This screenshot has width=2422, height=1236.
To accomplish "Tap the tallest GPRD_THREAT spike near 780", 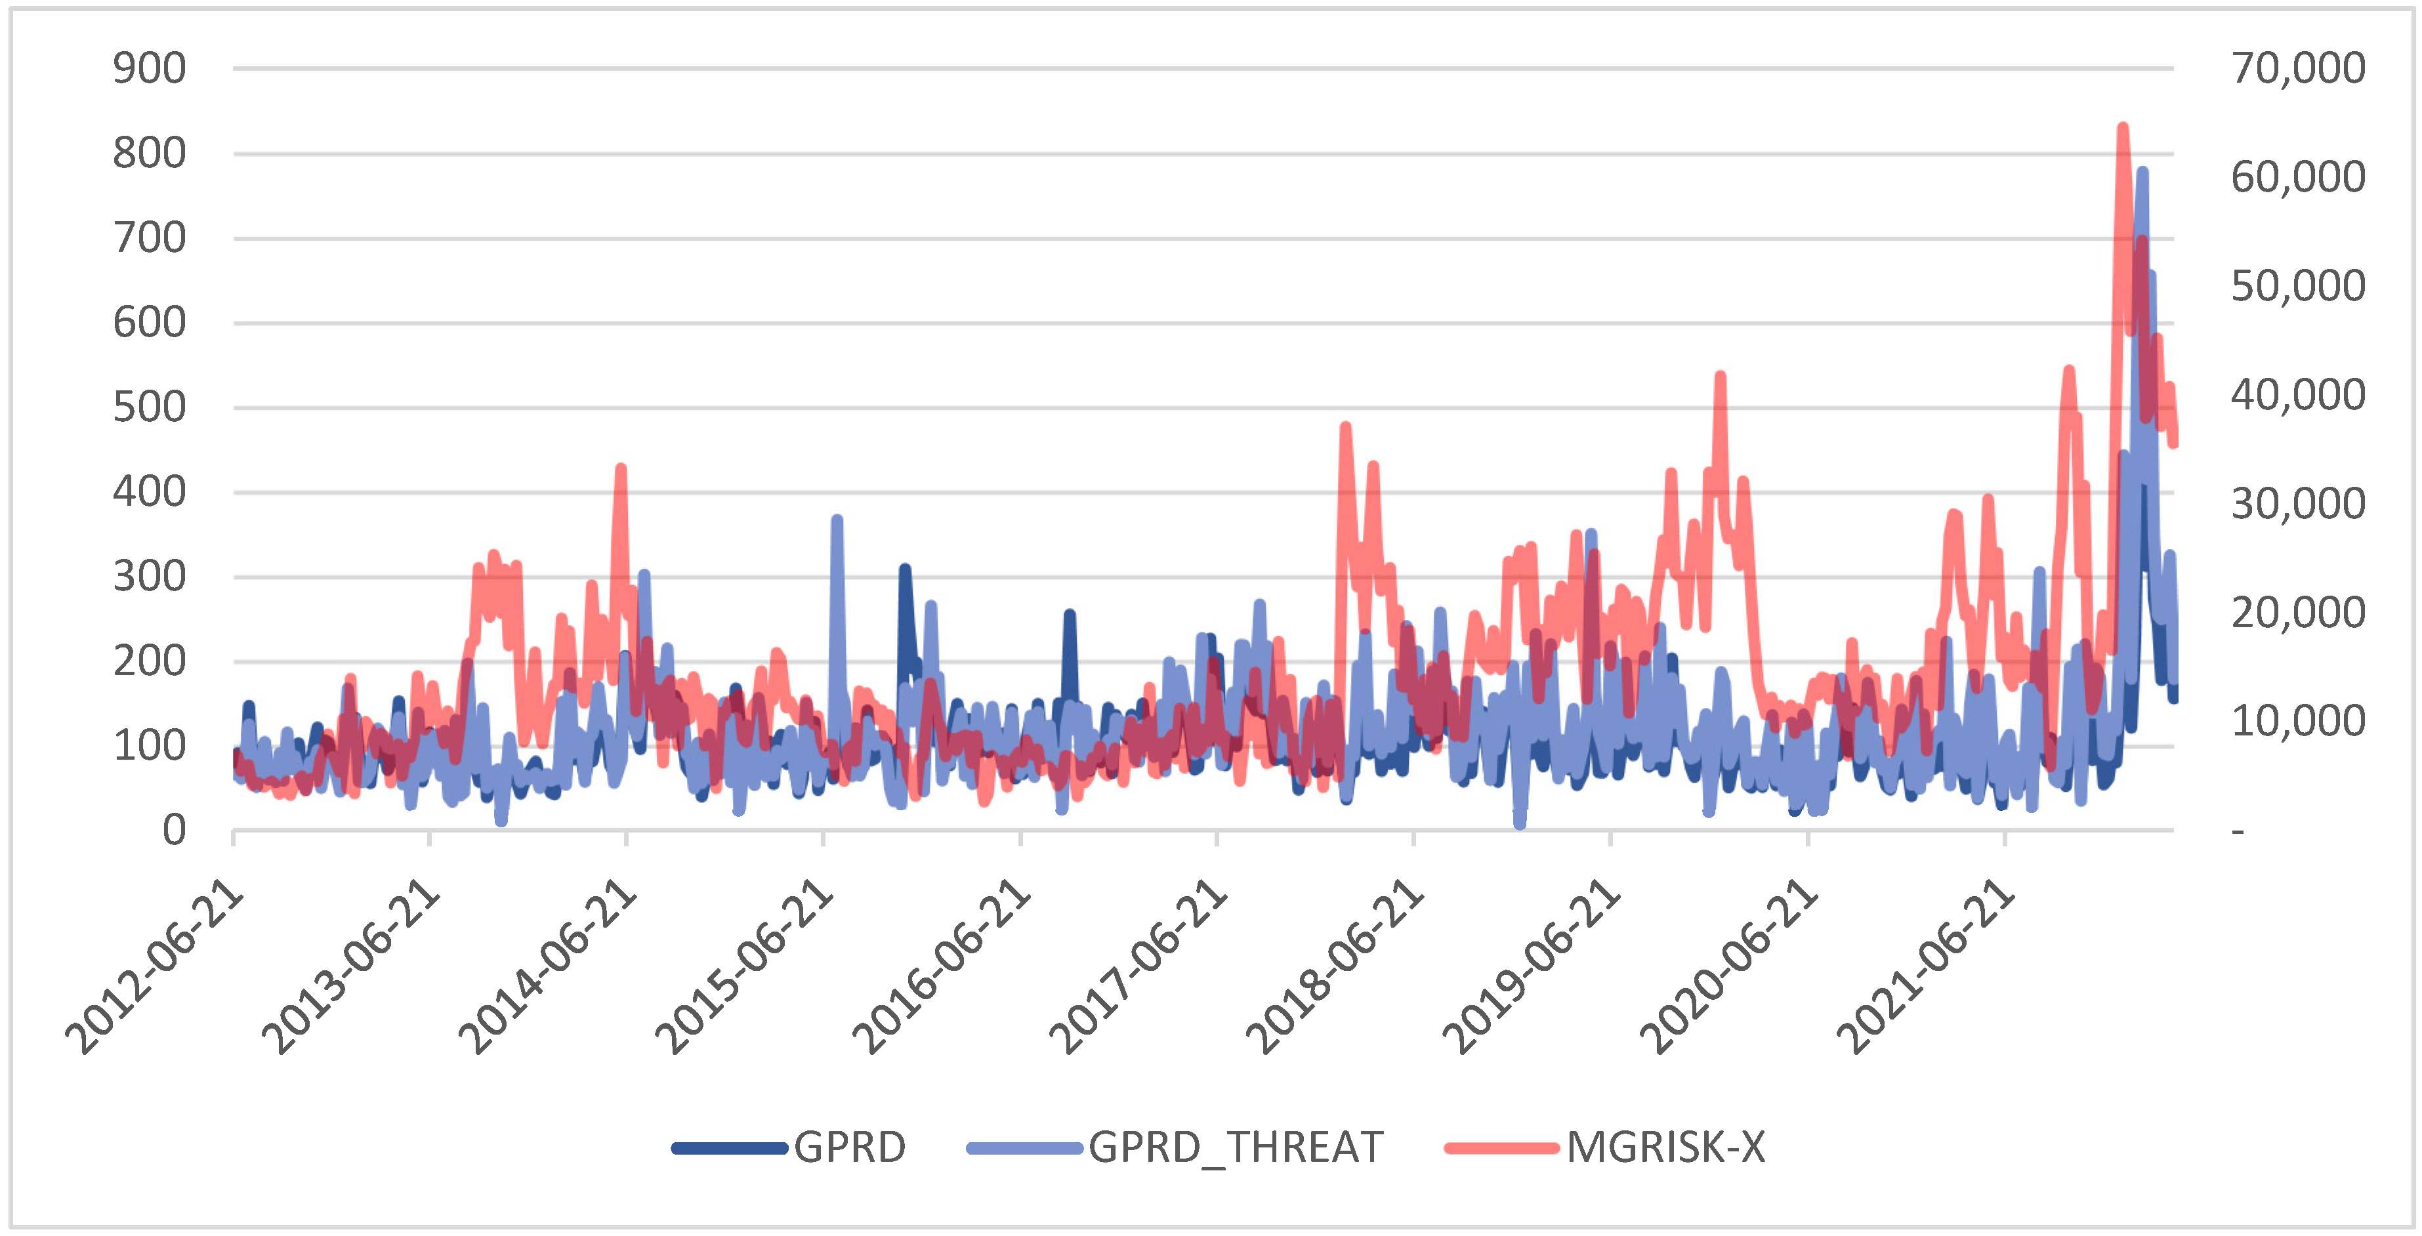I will pyautogui.click(x=2142, y=172).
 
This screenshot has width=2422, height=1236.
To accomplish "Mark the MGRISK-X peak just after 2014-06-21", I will pyautogui.click(x=621, y=468).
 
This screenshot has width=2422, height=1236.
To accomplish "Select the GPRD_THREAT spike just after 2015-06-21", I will pyautogui.click(x=837, y=519).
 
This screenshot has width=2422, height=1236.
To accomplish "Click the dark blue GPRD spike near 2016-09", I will pyautogui.click(x=1069, y=615).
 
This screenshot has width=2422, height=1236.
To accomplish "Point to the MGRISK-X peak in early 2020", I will pyautogui.click(x=1720, y=376).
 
